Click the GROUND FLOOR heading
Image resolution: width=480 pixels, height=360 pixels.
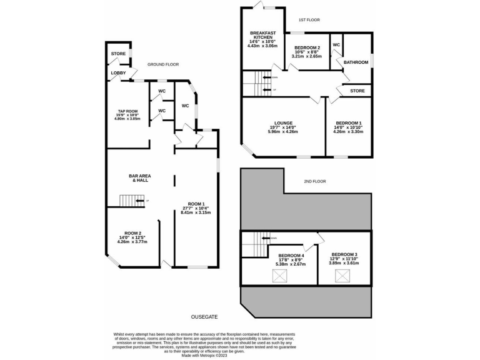pos(163,64)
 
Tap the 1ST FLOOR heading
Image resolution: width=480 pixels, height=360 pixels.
pos(309,20)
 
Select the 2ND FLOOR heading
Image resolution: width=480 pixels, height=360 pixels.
pos(316,181)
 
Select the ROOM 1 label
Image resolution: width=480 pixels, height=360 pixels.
pos(195,204)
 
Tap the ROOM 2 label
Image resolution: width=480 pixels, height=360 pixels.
pos(132,232)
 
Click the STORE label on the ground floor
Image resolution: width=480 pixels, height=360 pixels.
pos(118,54)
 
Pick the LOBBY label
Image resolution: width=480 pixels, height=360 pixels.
pos(118,73)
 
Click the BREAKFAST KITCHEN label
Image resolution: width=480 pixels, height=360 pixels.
pos(263,35)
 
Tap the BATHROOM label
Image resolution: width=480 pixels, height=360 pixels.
pos(356,62)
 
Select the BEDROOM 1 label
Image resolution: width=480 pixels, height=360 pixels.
pos(348,123)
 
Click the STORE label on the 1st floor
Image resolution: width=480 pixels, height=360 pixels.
pos(357,91)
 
